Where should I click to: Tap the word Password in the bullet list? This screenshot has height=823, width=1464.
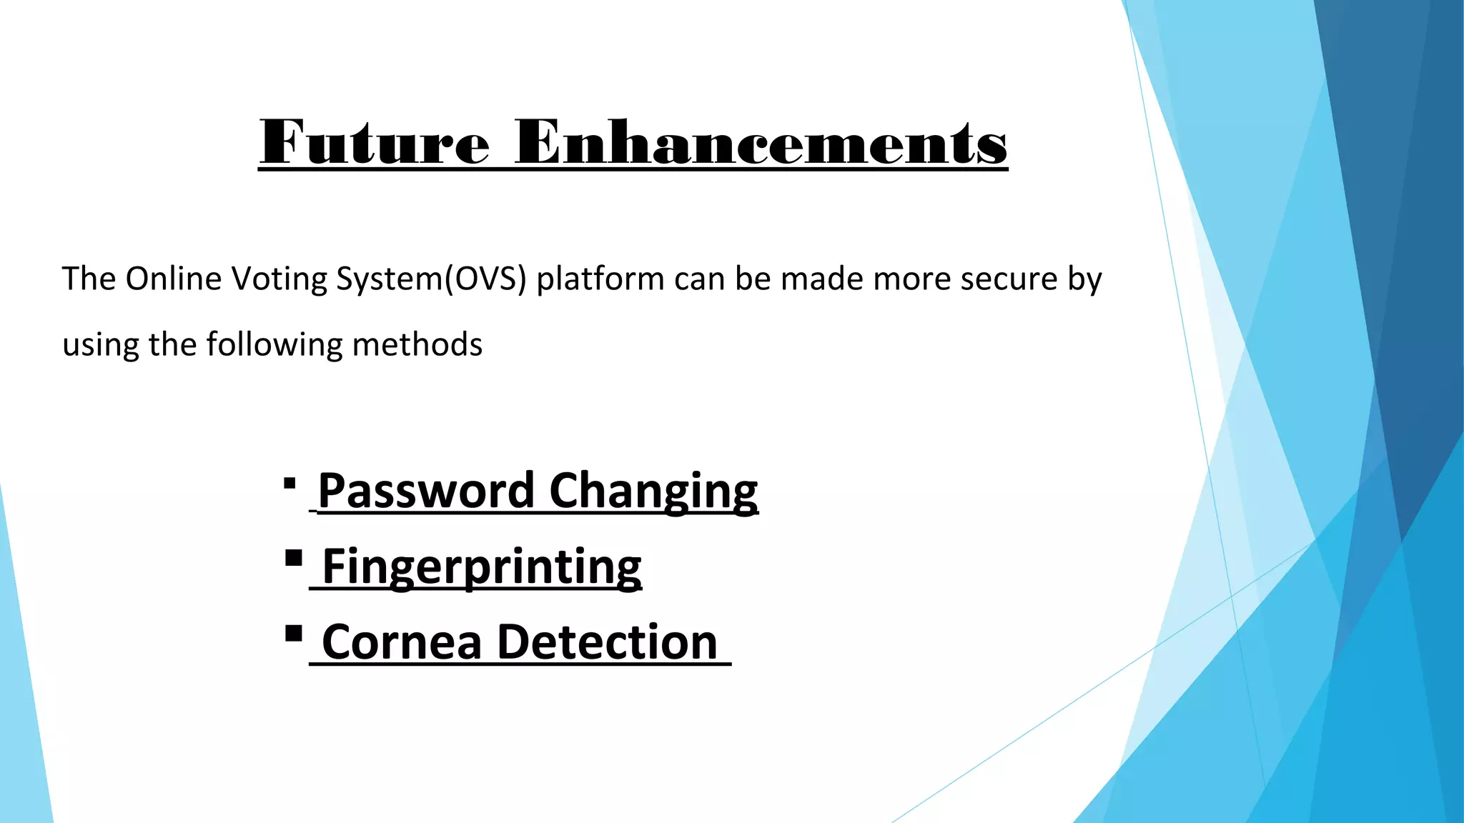point(426,491)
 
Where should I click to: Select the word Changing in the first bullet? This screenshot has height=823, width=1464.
point(653,491)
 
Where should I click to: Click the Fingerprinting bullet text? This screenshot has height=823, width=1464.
point(481,567)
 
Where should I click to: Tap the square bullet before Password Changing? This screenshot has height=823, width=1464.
point(290,484)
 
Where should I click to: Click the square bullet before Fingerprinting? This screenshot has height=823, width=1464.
point(293,558)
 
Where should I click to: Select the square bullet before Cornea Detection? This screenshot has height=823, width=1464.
point(293,634)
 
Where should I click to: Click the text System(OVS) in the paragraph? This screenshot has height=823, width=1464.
point(431,279)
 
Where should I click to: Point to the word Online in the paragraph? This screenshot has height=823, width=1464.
point(174,279)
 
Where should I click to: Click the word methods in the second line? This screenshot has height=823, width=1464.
point(417,345)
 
